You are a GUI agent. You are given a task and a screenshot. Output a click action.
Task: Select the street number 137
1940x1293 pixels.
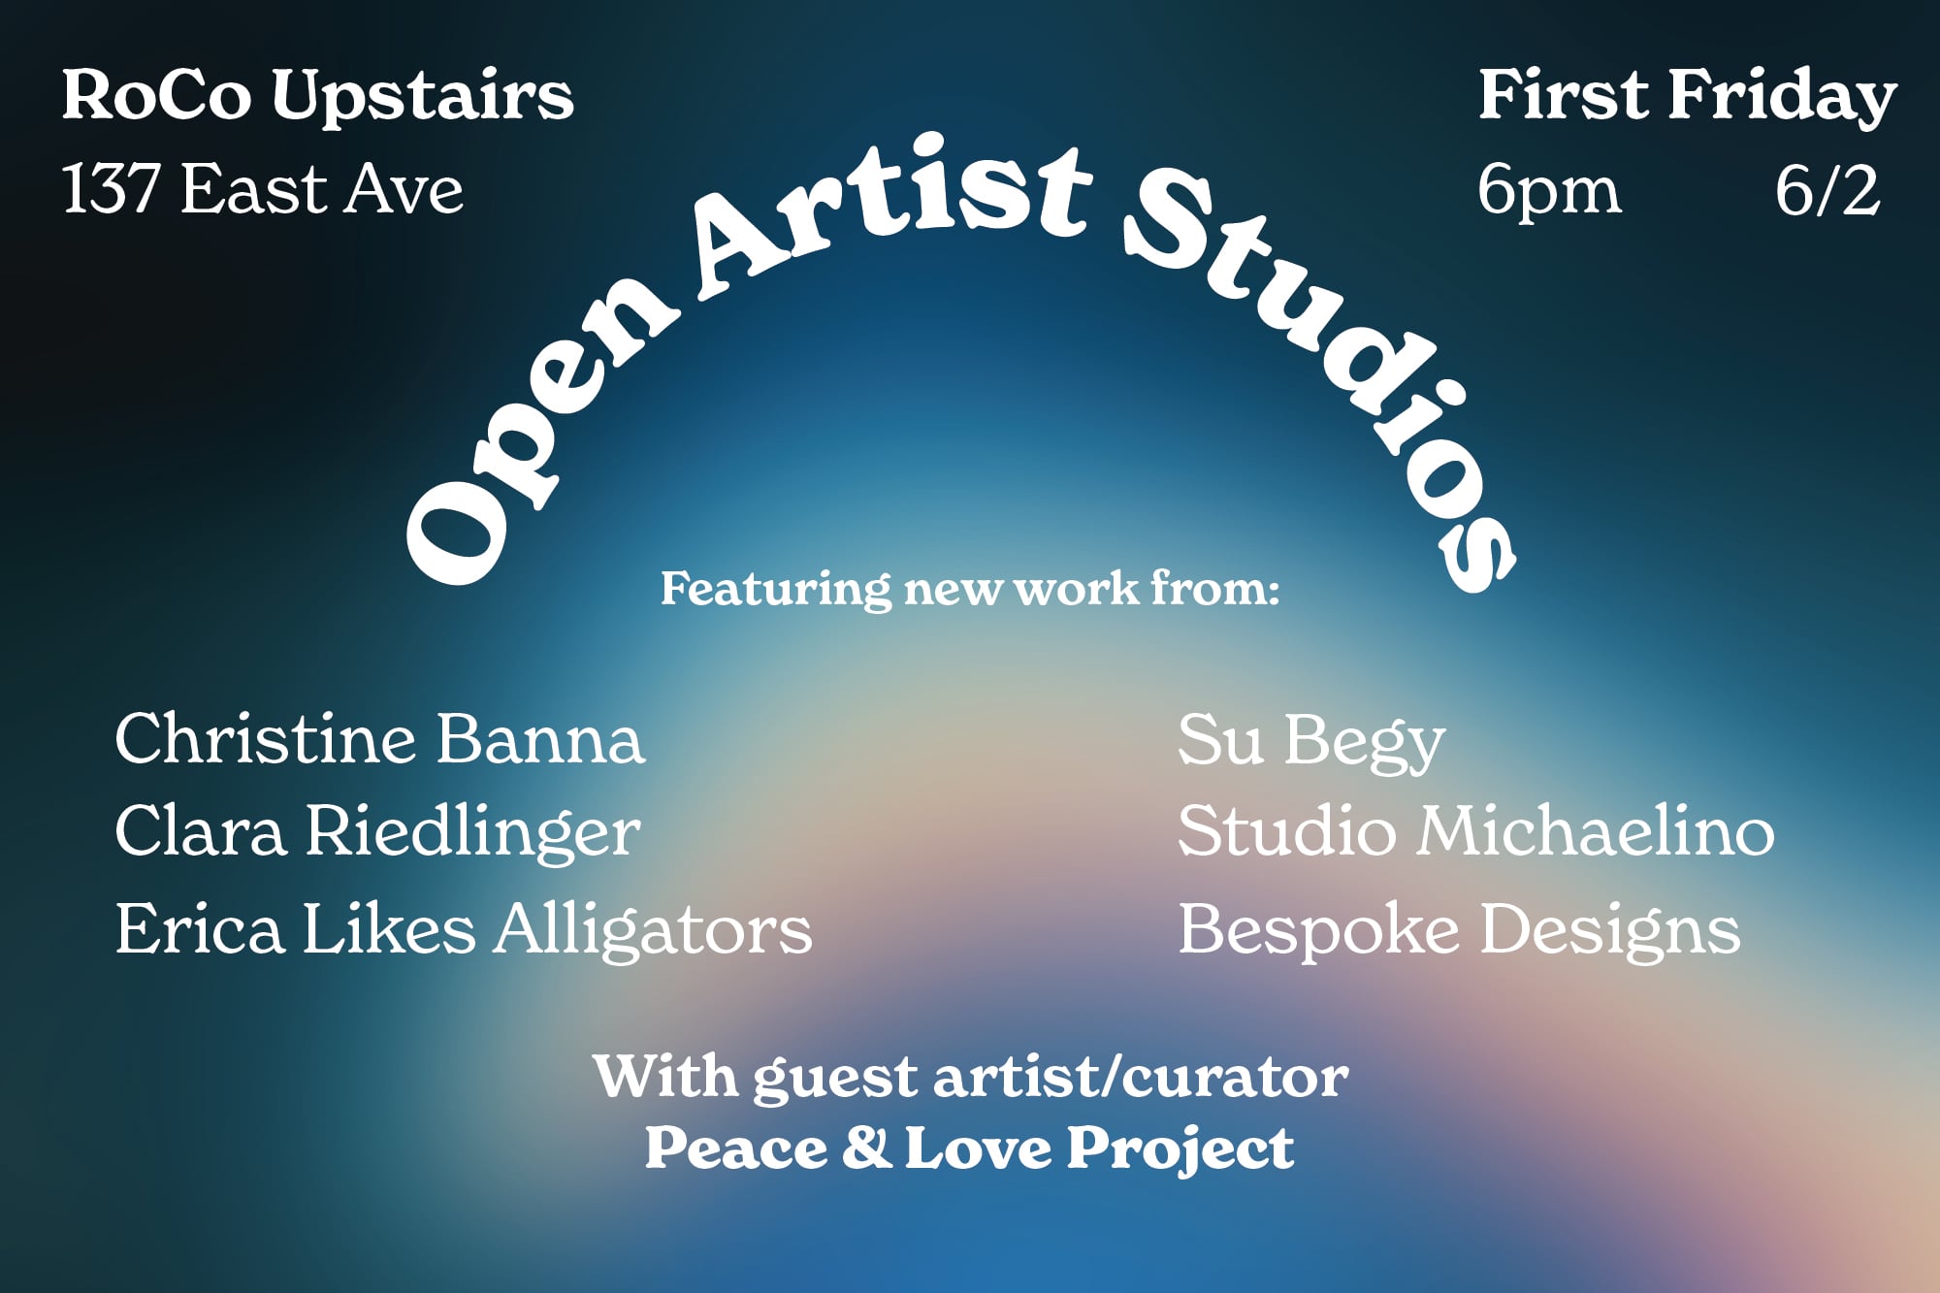click(111, 188)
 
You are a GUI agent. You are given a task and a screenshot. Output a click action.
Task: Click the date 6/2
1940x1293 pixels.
click(1827, 190)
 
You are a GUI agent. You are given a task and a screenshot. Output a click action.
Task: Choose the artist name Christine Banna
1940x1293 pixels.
click(379, 739)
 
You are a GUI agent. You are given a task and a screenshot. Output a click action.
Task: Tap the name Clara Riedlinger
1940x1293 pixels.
click(377, 832)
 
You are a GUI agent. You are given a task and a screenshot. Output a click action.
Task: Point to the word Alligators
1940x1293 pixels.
click(653, 930)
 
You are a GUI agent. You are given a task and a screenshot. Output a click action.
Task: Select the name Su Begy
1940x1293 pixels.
click(1311, 741)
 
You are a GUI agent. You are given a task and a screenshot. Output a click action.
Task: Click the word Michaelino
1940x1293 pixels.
click(1595, 831)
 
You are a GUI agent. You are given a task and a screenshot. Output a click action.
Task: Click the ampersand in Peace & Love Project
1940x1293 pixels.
click(866, 1147)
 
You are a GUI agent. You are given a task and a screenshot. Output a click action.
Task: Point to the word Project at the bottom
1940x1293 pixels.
click(1180, 1150)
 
